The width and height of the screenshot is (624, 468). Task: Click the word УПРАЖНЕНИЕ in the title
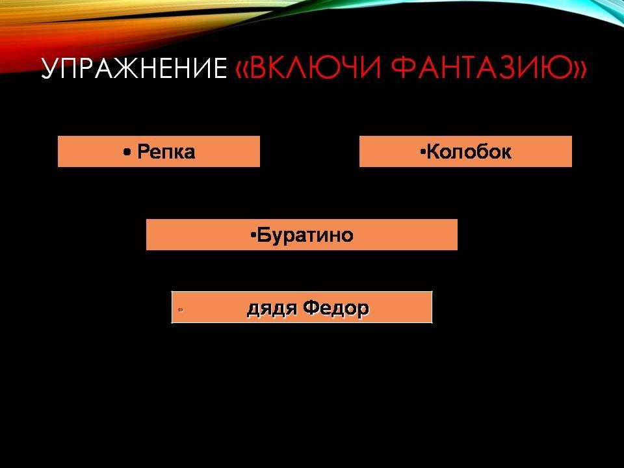[x=134, y=68]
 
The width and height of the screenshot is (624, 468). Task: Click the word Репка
[x=166, y=151]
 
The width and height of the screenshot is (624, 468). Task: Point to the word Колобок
[x=469, y=151]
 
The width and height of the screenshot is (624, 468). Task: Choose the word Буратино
[x=305, y=235]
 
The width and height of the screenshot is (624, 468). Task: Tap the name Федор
[x=336, y=308]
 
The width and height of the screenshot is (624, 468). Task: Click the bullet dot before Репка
[x=127, y=152]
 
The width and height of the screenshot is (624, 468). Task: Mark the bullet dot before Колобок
[x=422, y=151]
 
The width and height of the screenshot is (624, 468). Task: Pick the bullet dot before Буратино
[x=253, y=235]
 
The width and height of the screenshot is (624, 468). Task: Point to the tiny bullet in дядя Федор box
[x=181, y=309]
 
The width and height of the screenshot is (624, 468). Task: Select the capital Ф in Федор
[x=311, y=307]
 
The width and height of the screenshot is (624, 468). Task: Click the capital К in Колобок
[x=433, y=151]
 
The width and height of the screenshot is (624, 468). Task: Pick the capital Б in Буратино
[x=263, y=235]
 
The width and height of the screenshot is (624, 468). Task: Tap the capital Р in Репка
[x=143, y=151]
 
